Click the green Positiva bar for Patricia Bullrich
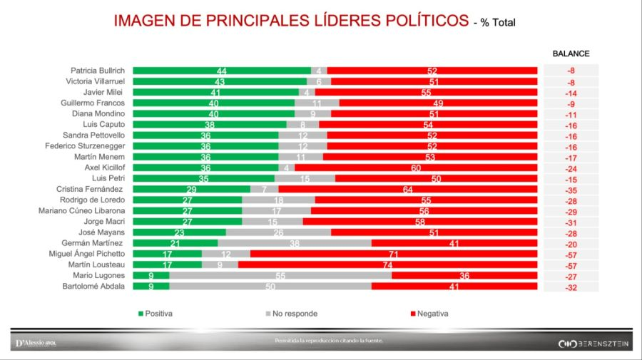222,71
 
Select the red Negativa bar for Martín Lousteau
387,264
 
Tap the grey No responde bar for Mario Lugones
280,275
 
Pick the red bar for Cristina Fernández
407,189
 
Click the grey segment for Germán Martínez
294,242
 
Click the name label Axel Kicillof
106,168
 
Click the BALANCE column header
571,53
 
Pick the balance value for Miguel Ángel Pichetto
571,254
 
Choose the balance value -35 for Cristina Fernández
571,189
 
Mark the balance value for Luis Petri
571,178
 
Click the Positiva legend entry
156,314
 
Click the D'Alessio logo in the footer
35,344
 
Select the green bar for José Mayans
179,232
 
